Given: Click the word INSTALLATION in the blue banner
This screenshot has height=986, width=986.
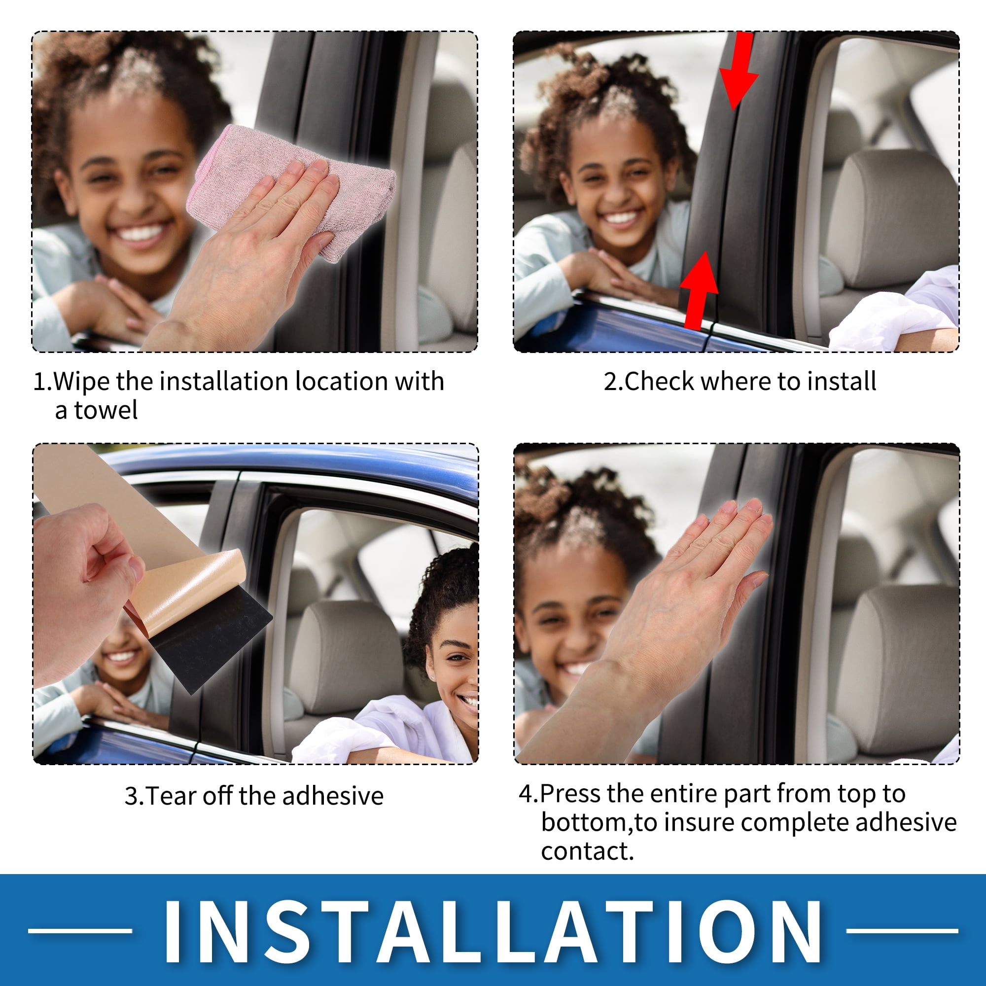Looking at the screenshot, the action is pos(493,931).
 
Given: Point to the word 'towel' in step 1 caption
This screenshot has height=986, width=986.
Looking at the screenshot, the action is pos(106,410).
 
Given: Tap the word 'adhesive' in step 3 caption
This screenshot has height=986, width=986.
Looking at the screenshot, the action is pos(333,796).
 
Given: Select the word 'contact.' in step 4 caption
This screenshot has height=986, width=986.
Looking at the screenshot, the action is pos(588,851).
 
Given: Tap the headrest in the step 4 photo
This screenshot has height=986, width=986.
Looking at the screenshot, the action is pos(898,669).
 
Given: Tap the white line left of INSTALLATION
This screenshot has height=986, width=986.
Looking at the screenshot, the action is pos(81,930).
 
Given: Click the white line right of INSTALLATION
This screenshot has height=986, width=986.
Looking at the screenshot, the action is pos(902,930).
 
